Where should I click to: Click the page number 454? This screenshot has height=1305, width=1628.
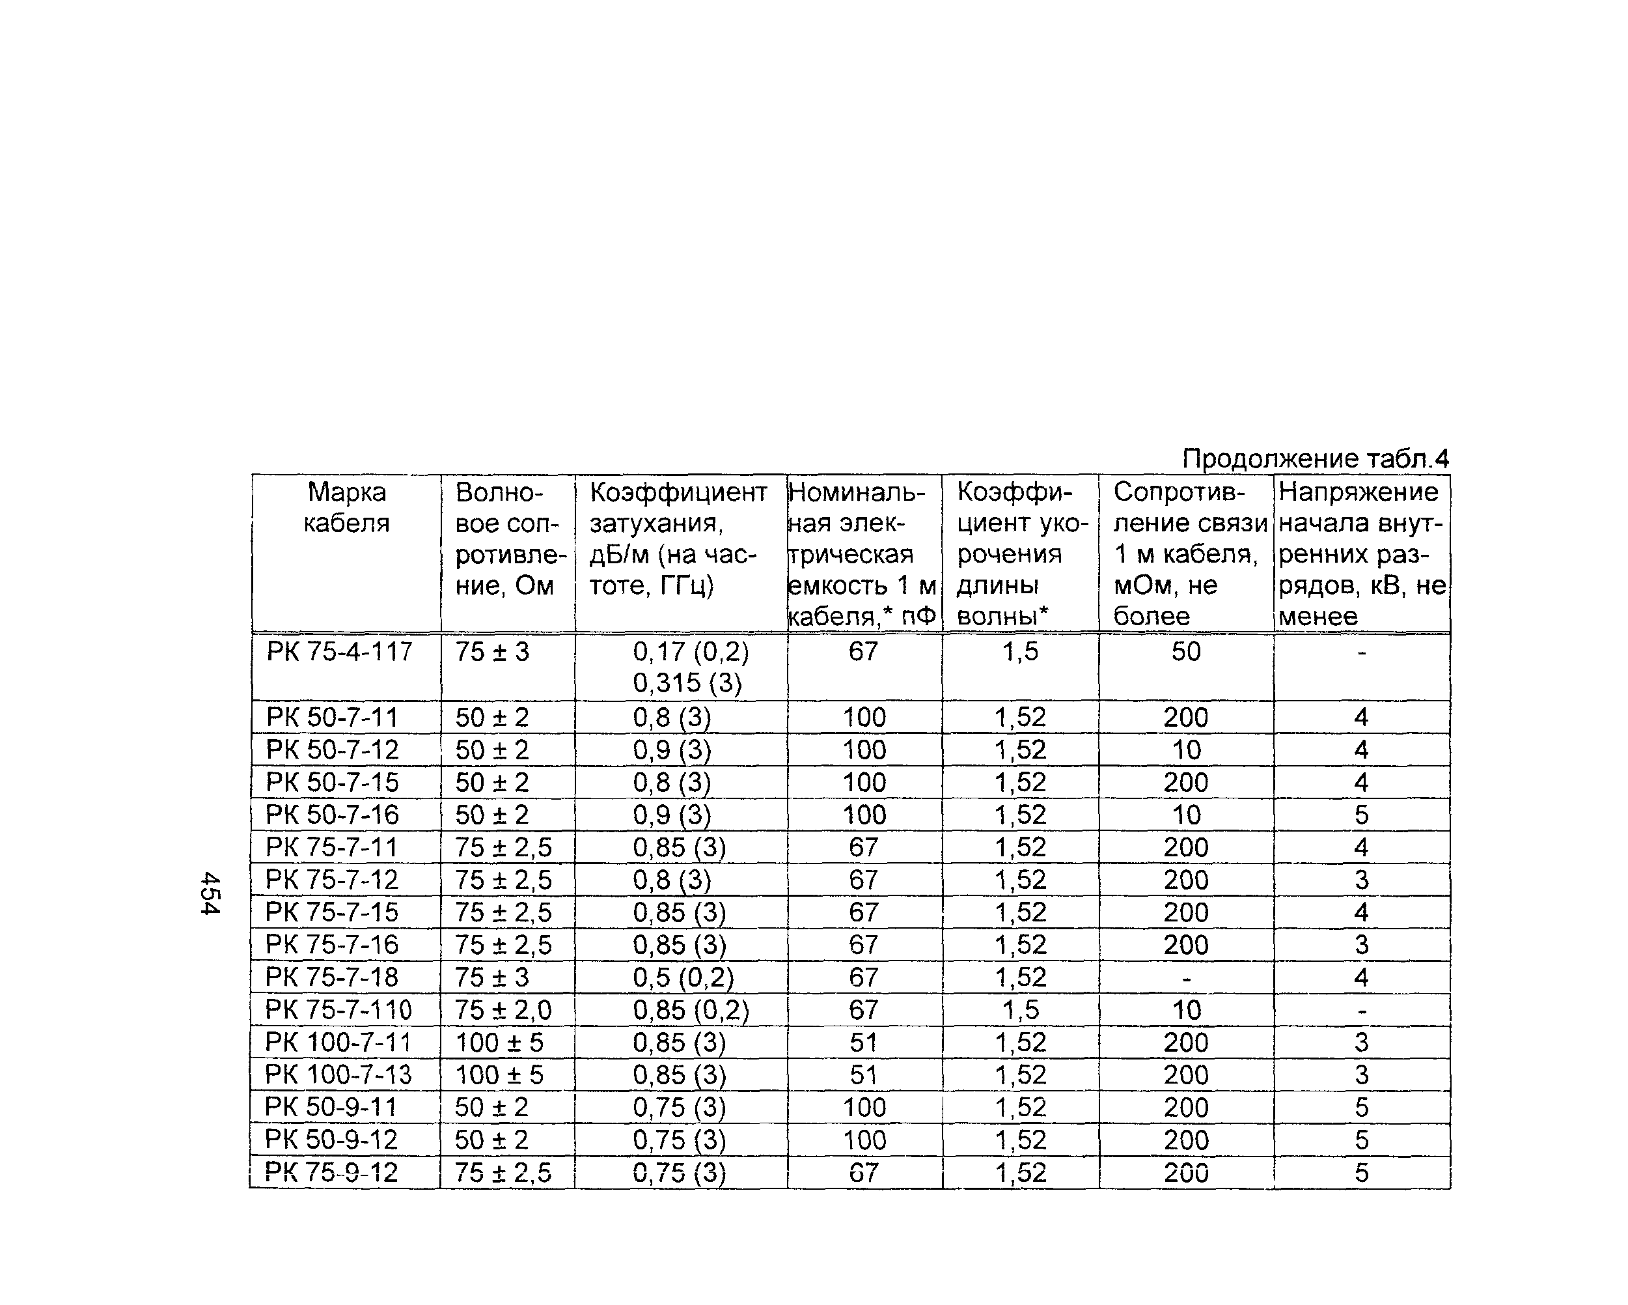point(210,893)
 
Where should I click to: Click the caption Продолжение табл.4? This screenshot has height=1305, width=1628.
point(1315,458)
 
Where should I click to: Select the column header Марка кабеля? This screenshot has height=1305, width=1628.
point(346,507)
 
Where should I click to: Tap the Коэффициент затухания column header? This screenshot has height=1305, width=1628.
point(678,538)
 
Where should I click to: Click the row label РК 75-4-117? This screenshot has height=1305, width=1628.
point(339,651)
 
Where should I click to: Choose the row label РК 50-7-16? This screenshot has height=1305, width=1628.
point(332,815)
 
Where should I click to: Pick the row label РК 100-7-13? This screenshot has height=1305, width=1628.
point(338,1074)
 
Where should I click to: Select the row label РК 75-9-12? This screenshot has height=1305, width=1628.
point(331,1172)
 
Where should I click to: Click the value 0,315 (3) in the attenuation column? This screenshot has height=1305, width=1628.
point(687,684)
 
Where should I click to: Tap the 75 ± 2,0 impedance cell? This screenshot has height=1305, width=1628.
point(503,1010)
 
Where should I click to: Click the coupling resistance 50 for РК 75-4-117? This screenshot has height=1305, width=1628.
point(1185,651)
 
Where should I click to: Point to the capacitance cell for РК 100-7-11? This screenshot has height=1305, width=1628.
point(864,1042)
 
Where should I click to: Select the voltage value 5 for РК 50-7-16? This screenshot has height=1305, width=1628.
point(1360,815)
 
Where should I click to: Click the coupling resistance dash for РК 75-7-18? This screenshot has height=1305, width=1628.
point(1185,978)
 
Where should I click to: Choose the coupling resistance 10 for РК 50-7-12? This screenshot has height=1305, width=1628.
point(1185,750)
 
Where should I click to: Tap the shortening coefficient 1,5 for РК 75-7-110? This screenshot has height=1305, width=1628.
point(1020,1010)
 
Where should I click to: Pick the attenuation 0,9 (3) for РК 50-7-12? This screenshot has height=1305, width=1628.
point(672,750)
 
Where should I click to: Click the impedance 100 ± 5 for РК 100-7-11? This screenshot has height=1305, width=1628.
point(499,1042)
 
